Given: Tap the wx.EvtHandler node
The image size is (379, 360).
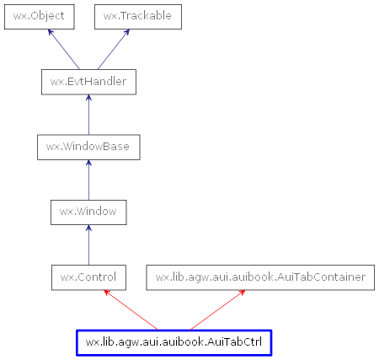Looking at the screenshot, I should (88, 82).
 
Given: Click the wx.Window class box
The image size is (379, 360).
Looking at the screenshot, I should (88, 212).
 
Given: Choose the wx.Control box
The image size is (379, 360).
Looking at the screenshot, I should (88, 277).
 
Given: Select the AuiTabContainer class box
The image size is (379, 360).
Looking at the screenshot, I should (260, 277).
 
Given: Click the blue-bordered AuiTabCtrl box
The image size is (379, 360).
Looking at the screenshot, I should (173, 343).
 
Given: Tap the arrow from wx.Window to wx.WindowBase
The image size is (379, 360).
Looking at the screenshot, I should (88, 180).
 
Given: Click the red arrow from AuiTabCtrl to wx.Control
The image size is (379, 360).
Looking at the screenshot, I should (131, 309).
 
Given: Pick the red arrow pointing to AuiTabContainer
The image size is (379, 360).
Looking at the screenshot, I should (217, 309).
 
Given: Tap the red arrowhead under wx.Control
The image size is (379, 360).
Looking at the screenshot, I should (106, 293).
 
